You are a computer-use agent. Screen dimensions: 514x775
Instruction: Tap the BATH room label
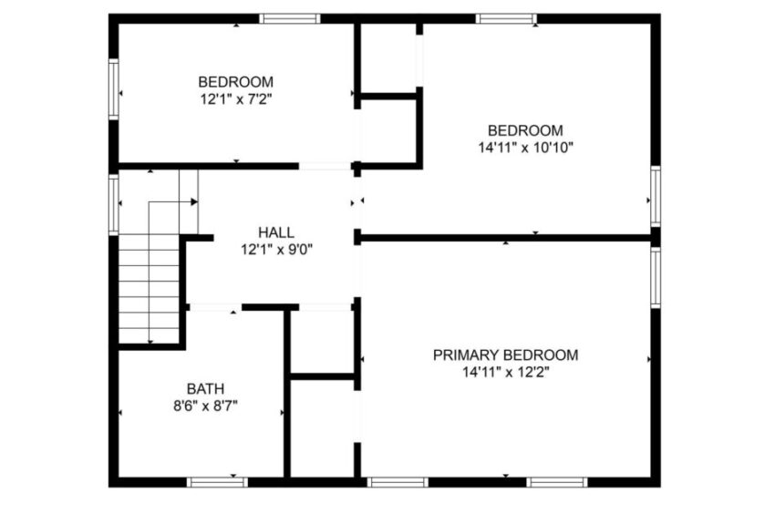click(x=205, y=387)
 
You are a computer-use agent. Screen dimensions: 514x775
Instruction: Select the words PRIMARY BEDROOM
click(x=505, y=355)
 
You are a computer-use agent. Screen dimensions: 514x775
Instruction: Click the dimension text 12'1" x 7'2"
click(x=235, y=98)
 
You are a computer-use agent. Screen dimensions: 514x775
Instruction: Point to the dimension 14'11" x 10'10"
click(x=524, y=146)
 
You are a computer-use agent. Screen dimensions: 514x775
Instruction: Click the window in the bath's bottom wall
click(x=217, y=481)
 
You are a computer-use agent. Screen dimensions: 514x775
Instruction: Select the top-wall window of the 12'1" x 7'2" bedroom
click(x=290, y=18)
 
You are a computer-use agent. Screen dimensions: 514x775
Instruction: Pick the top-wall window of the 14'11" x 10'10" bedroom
click(x=506, y=18)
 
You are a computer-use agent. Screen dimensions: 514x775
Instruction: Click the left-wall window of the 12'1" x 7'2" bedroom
click(x=114, y=88)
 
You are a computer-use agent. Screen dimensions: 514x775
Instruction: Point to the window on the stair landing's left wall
click(x=114, y=204)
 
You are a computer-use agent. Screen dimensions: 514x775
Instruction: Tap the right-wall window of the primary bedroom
click(x=655, y=278)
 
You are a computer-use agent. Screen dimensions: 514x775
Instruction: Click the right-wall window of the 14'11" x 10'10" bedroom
click(x=655, y=196)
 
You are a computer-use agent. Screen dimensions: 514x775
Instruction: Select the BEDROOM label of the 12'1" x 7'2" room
click(x=235, y=81)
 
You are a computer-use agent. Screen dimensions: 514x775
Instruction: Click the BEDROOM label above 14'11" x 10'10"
click(x=524, y=129)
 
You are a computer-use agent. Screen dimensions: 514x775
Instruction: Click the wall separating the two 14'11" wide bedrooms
click(x=506, y=238)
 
